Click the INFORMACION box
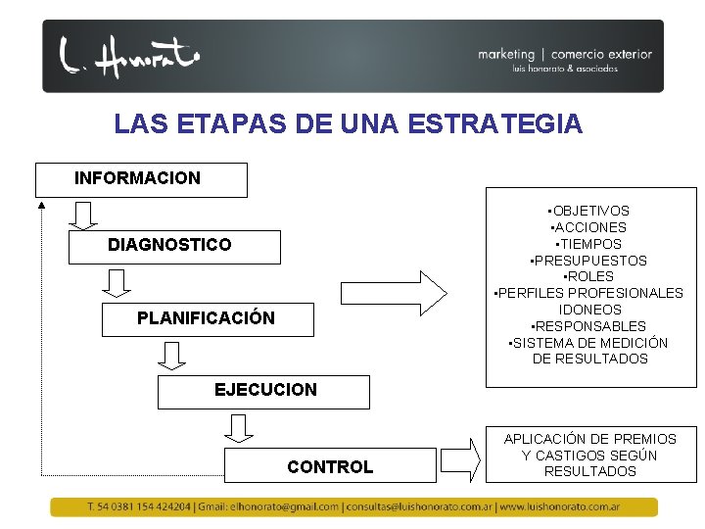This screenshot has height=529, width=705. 141,179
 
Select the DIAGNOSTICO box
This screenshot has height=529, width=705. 173,246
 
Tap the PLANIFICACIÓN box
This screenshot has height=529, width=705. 208,318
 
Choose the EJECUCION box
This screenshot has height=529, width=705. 264,391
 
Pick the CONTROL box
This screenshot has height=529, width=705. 330,466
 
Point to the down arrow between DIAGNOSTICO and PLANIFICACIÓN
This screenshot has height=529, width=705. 117,283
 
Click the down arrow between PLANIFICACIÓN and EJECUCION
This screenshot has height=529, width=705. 173,355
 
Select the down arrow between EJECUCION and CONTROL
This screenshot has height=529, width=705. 238,427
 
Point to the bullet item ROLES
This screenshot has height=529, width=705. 589,276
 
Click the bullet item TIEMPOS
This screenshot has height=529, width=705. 588,244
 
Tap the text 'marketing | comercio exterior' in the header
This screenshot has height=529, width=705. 565,55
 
